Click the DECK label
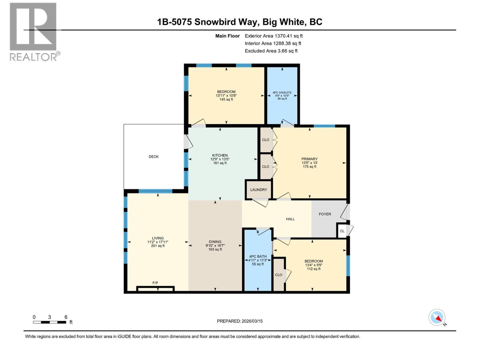point(154,157)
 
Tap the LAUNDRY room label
point(259,190)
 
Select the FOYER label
point(325,214)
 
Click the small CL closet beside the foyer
point(342,231)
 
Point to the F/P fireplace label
point(155,283)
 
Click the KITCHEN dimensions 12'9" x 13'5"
point(220,159)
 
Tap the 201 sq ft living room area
point(158,246)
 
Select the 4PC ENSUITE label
point(282,93)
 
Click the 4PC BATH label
point(258,256)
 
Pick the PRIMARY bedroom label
point(309,159)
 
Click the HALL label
point(290,219)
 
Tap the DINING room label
point(215,242)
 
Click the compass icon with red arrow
point(437,317)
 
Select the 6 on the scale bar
point(66,317)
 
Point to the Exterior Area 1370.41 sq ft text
point(274,36)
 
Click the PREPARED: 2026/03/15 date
point(240,321)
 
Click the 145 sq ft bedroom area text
point(226,99)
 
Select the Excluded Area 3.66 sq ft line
point(271,51)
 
